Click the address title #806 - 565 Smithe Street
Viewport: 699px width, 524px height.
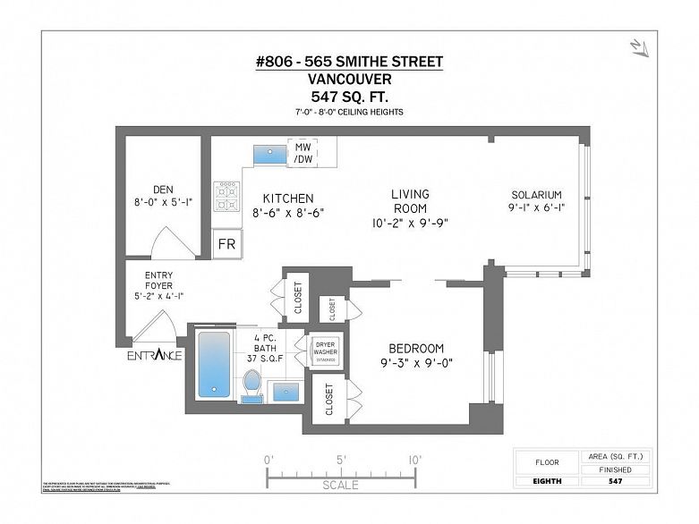pos(349,61)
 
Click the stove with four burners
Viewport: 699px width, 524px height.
pos(226,197)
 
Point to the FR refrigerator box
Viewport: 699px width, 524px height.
pos(226,244)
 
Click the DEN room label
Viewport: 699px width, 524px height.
pos(162,189)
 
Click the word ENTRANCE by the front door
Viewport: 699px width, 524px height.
pos(153,355)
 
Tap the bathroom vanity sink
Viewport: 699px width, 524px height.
pos(286,391)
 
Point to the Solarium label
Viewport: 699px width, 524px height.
pos(536,195)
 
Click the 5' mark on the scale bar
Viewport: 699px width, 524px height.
pos(342,459)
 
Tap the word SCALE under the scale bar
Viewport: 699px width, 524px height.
pos(341,485)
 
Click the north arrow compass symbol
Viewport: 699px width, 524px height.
pos(636,46)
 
